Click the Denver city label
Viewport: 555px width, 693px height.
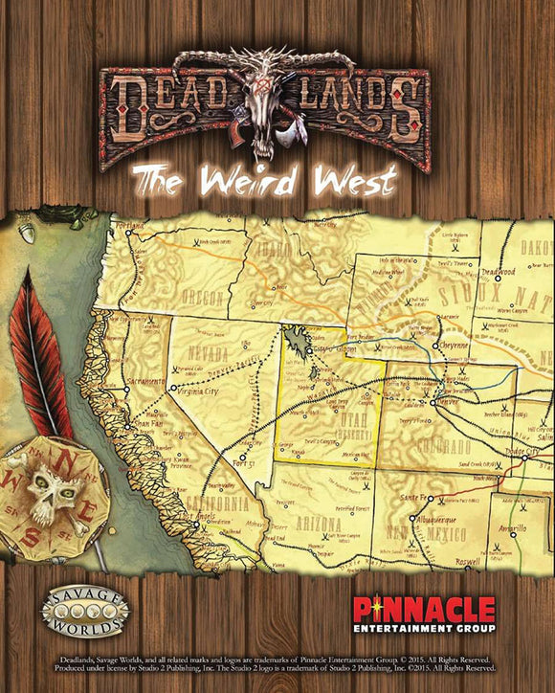tap(448, 403)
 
